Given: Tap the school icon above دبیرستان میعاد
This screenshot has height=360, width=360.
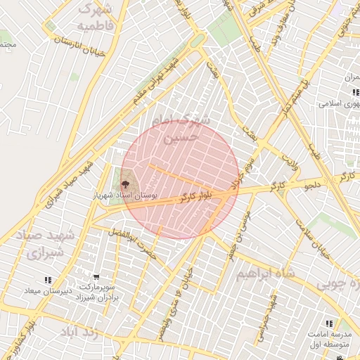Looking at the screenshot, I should pos(47,280).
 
